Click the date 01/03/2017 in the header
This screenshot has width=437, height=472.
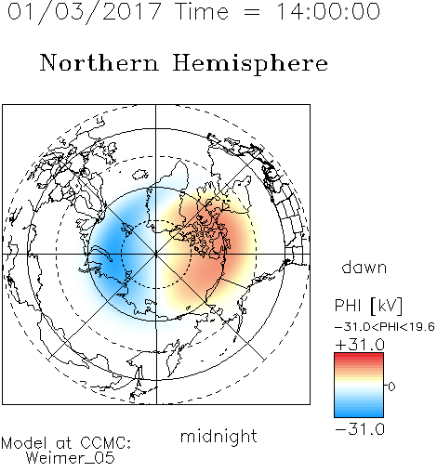[85, 12]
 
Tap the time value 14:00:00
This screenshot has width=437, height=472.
[328, 11]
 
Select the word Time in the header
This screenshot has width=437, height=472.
[202, 11]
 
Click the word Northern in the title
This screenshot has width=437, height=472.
[99, 62]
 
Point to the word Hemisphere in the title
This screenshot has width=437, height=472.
[250, 64]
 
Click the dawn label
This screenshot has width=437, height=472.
[364, 267]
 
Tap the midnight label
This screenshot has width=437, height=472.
[218, 436]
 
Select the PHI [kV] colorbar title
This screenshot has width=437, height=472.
[368, 306]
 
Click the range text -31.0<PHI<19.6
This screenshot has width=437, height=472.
[385, 327]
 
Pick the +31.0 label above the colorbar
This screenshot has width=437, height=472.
[360, 345]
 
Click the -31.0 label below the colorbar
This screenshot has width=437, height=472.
[360, 429]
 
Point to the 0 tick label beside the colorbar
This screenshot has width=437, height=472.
[391, 387]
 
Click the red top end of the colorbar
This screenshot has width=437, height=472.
[359, 356]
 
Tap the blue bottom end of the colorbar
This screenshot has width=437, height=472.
[359, 413]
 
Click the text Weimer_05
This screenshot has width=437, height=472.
[71, 458]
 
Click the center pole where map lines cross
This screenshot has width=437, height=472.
[156, 255]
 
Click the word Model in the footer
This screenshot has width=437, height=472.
[24, 443]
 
